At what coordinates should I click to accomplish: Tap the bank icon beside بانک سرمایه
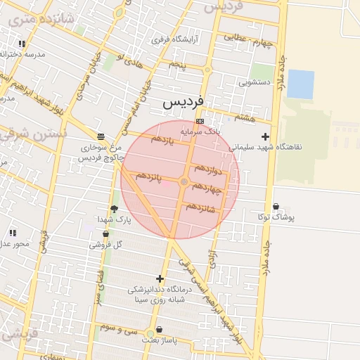200,122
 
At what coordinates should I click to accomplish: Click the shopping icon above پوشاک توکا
275,207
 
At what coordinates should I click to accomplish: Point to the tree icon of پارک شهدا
114,209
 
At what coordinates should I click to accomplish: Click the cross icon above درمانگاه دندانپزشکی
160,279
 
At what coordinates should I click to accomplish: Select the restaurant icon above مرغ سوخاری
102,136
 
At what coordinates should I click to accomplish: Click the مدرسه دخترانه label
25,54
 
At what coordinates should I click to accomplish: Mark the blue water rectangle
300,84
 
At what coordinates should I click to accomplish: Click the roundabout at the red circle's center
184,182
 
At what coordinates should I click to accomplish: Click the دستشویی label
254,82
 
